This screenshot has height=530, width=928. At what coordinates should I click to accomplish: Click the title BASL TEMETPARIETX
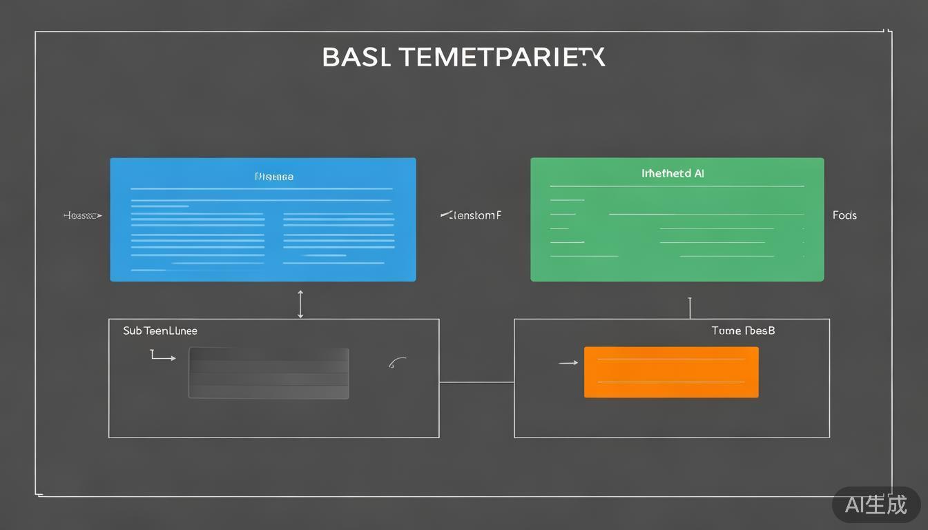point(463,57)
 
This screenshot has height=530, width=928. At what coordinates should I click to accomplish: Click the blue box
point(262,219)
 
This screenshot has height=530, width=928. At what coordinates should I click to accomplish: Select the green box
point(677,219)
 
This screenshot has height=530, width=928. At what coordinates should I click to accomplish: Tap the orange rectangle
point(671,372)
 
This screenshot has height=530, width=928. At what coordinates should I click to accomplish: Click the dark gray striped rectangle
point(269,373)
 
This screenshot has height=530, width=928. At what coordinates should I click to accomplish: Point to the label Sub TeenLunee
point(160,331)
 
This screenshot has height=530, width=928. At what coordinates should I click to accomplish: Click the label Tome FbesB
point(743,331)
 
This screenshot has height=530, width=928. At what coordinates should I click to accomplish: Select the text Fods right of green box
point(844,215)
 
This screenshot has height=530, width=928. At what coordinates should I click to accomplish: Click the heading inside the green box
point(673,173)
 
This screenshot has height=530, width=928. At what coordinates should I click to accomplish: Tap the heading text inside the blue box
point(274,177)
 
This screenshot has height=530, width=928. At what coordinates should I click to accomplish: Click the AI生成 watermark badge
point(876,504)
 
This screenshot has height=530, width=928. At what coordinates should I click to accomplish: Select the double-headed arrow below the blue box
point(300,304)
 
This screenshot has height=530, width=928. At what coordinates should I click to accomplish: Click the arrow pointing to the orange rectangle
point(568,362)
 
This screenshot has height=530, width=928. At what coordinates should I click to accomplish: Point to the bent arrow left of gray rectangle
point(162,356)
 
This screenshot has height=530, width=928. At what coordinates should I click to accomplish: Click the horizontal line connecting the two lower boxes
point(476,382)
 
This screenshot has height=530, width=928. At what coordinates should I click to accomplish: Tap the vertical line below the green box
point(690,308)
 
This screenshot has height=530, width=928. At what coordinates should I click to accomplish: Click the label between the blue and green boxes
point(471,215)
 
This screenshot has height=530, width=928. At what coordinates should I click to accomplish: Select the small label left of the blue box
point(82,215)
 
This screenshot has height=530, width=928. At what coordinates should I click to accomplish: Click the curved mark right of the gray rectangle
point(397,362)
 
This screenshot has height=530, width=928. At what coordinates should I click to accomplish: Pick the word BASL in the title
point(356,57)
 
